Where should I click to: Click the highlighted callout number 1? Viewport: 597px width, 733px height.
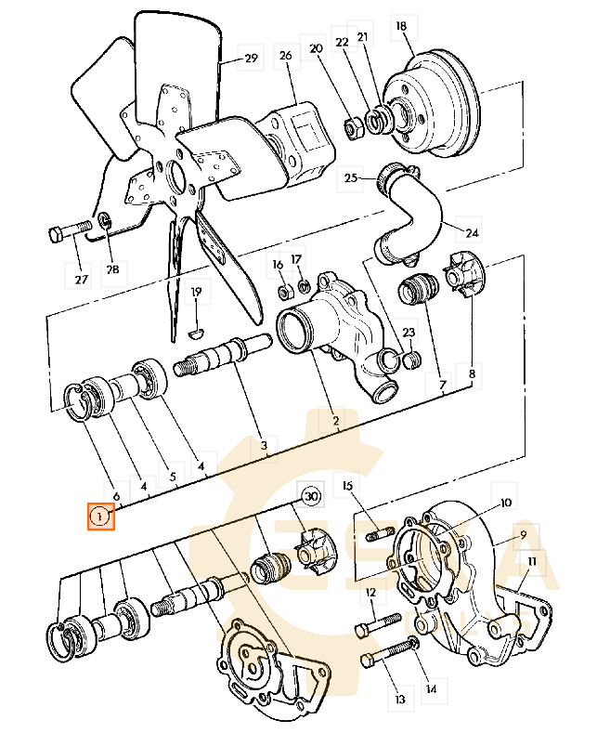tap(100, 516)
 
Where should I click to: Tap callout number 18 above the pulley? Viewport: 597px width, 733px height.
tap(401, 27)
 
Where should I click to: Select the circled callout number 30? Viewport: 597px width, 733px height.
tap(310, 497)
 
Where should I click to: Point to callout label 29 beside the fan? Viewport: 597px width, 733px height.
tap(251, 59)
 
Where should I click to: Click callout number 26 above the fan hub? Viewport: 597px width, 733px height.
tap(285, 57)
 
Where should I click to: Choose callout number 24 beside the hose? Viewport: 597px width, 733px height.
tap(472, 232)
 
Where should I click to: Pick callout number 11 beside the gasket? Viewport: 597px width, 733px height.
tap(531, 563)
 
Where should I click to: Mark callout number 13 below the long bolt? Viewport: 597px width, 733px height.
tap(400, 699)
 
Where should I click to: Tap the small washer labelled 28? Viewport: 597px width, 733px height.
tap(106, 221)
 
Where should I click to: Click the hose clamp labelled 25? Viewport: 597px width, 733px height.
tap(392, 173)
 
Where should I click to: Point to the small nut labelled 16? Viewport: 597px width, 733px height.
tap(282, 293)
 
